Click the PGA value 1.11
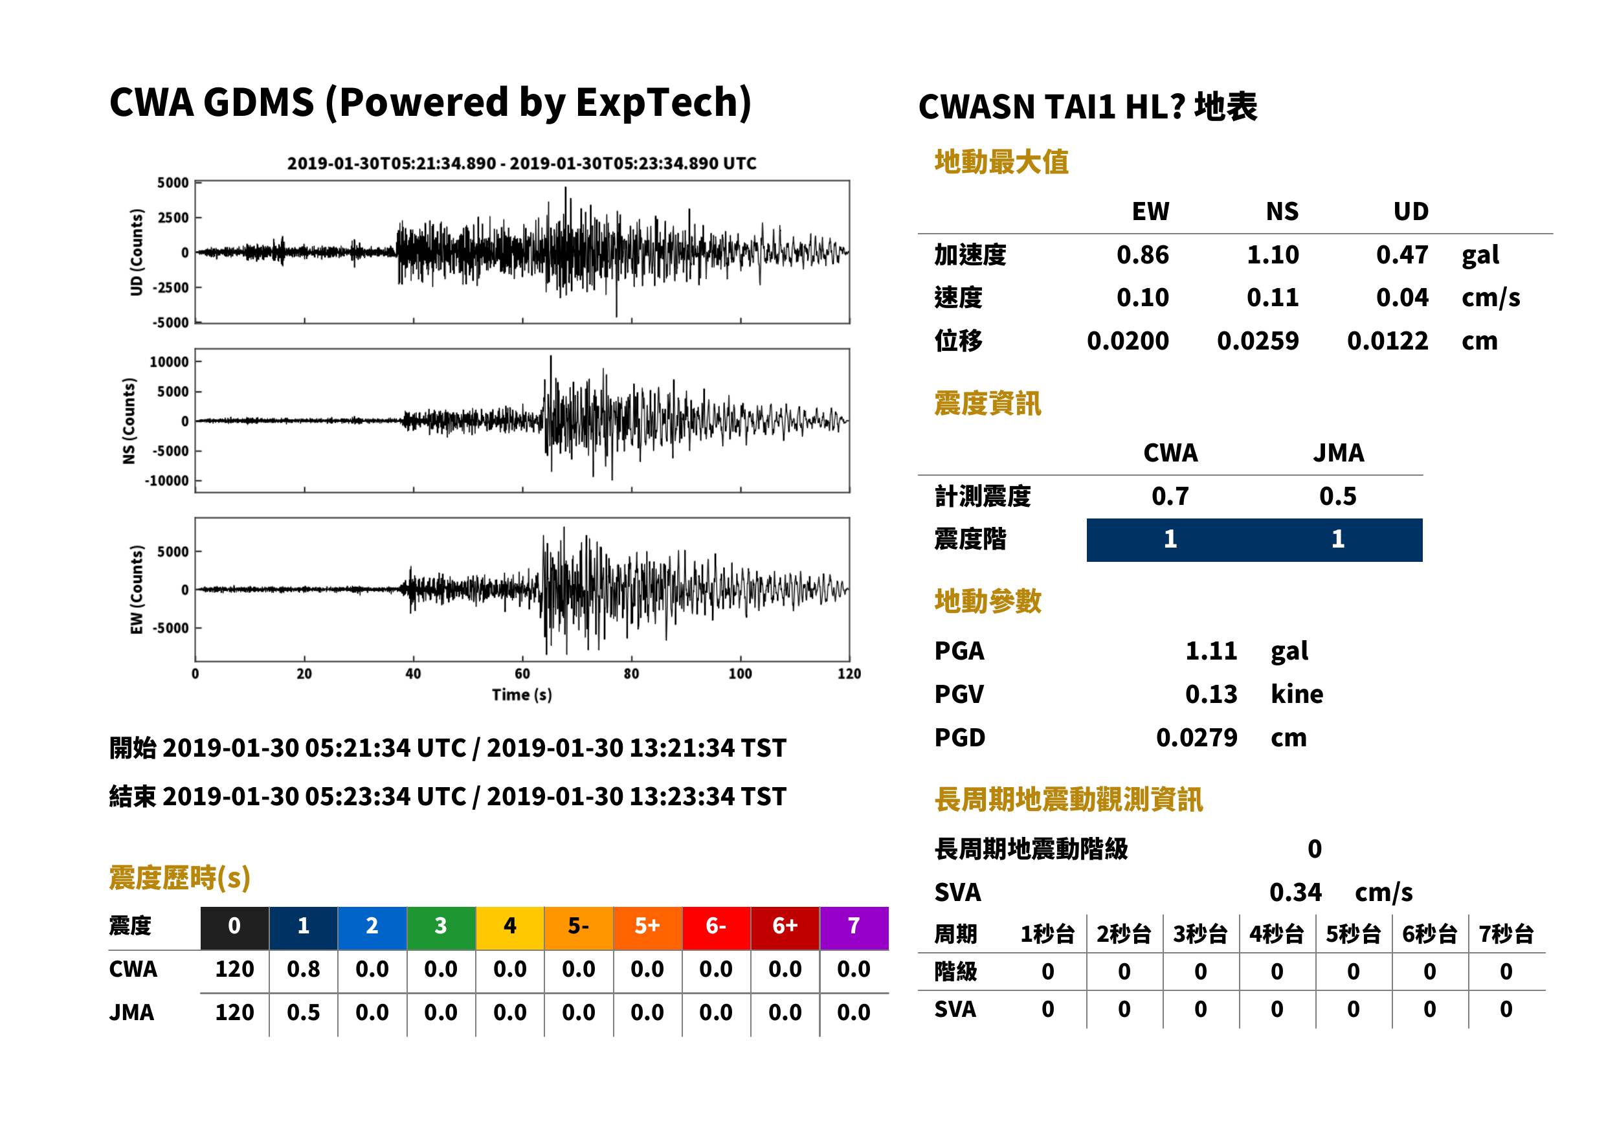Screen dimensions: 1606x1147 click(1210, 651)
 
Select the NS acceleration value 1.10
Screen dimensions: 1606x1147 click(1273, 254)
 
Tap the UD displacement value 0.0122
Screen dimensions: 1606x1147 click(1387, 341)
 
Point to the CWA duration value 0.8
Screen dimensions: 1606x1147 click(303, 969)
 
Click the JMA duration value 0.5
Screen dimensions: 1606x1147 click(303, 1012)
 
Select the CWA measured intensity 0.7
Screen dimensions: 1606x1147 click(1170, 496)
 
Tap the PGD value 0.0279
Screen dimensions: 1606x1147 click(1196, 737)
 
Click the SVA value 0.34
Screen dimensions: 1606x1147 click(1295, 892)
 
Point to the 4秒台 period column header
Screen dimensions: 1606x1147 click(1277, 933)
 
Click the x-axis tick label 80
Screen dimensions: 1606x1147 click(631, 674)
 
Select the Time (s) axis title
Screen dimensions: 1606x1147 click(522, 695)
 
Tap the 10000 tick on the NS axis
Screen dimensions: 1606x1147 click(169, 362)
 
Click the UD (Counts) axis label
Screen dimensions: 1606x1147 click(137, 252)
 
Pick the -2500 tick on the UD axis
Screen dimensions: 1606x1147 click(171, 287)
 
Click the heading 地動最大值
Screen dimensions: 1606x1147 click(1001, 162)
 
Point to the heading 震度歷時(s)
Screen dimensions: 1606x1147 click(180, 878)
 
